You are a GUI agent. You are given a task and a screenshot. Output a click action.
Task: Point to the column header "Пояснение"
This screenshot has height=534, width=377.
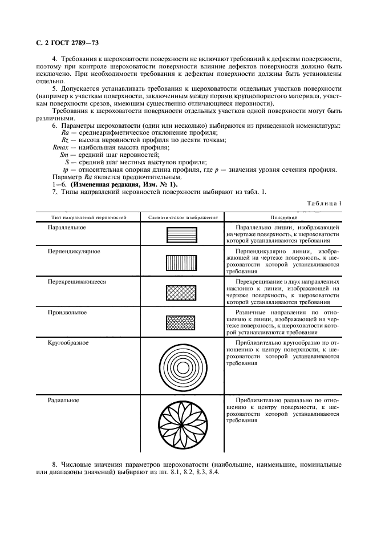point(282,217)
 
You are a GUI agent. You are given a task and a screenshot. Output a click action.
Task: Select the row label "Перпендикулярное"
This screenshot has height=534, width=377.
point(74,251)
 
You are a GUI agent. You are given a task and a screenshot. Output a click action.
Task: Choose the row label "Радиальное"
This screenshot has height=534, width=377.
point(63,400)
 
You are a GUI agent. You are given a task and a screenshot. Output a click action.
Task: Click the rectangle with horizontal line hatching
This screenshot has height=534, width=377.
point(181,234)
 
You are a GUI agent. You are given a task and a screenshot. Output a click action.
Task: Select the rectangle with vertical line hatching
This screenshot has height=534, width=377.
point(181,262)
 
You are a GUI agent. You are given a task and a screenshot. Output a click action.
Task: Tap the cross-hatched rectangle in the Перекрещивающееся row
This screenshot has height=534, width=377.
point(181,293)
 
